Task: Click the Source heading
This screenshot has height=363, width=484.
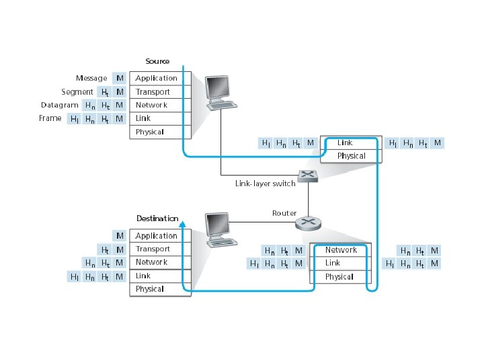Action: coord(157,61)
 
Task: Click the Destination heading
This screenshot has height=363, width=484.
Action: coord(157,218)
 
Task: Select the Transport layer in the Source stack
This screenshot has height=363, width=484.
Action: coord(160,91)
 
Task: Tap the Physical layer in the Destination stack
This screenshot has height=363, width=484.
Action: coord(160,289)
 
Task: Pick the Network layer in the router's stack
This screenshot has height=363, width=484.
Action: coord(341,249)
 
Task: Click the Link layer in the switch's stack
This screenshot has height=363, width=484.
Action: coord(352,143)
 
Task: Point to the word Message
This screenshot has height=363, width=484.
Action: coord(91,78)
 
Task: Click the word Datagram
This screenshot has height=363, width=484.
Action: coord(60,106)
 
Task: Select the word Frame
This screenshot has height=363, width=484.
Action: coord(50,118)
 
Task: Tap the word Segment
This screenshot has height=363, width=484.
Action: coord(77,92)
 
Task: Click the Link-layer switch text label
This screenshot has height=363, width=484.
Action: coord(265,184)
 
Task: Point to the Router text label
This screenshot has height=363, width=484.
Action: coord(284,213)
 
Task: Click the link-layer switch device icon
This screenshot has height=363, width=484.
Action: coord(308,176)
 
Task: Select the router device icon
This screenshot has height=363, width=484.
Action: coord(308,223)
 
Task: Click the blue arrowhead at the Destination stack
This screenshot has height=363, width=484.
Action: coord(183,224)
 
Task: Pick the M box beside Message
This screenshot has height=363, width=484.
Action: coord(120,78)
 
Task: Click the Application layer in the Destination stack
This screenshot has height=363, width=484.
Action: coord(160,236)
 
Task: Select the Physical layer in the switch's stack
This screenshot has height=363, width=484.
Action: coord(352,156)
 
